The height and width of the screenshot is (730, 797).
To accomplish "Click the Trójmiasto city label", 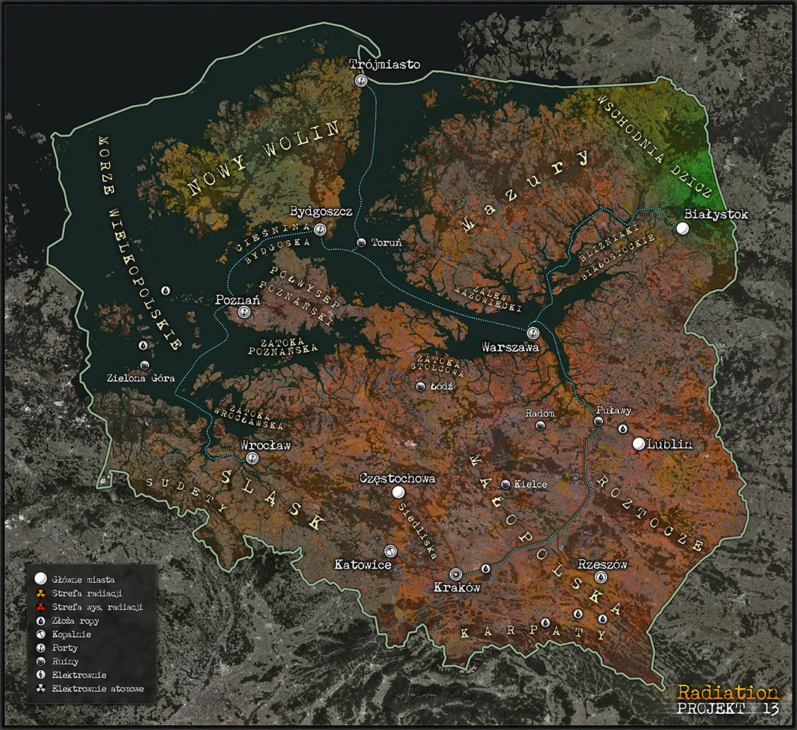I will pyautogui.click(x=385, y=64).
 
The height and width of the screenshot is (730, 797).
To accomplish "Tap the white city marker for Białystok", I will pyautogui.click(x=682, y=228).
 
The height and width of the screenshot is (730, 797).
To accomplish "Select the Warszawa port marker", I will pyautogui.click(x=533, y=333).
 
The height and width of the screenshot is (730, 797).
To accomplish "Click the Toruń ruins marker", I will pyautogui.click(x=361, y=242).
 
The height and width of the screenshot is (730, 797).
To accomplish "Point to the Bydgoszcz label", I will pyautogui.click(x=321, y=212).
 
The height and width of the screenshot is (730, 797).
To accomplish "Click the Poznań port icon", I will pyautogui.click(x=244, y=312).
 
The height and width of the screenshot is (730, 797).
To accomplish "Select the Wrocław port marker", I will pyautogui.click(x=253, y=458).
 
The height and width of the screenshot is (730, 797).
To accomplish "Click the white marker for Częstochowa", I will pyautogui.click(x=398, y=493).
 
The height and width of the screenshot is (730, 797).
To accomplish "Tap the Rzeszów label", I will pyautogui.click(x=602, y=564).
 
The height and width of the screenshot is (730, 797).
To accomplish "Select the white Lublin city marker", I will pyautogui.click(x=639, y=444).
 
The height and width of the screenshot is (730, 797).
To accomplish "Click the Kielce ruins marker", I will pyautogui.click(x=506, y=484).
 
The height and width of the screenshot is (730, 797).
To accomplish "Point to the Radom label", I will pyautogui.click(x=540, y=413).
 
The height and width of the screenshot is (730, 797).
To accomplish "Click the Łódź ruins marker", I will pyautogui.click(x=420, y=387).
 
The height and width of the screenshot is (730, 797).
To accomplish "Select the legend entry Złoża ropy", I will pyautogui.click(x=80, y=620).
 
